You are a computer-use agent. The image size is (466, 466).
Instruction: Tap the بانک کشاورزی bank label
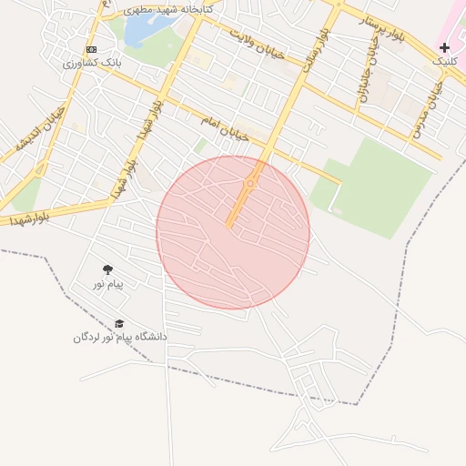click(92, 63)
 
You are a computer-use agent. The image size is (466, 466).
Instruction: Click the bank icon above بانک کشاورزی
click(91, 49)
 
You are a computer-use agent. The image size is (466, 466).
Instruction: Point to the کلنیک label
click(443, 61)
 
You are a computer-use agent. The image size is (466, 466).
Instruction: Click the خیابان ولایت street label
click(257, 44)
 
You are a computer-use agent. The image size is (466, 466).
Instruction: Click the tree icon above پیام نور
click(108, 269)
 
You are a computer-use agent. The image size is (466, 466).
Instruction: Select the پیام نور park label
click(107, 285)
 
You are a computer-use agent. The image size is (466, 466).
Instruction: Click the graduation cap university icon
click(119, 323)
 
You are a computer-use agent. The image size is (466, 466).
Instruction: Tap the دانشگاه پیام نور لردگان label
click(120, 338)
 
